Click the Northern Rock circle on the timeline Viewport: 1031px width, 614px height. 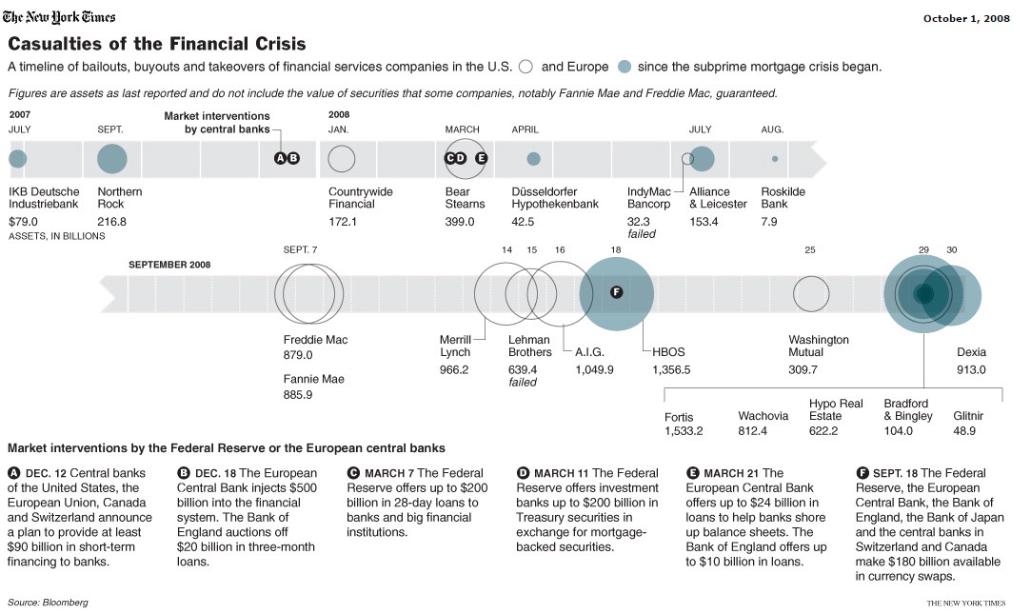pyautogui.click(x=111, y=159)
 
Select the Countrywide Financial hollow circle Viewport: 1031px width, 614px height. pyautogui.click(x=342, y=159)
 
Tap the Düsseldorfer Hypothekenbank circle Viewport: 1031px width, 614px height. pyautogui.click(x=533, y=159)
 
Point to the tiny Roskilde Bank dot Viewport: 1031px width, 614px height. pyautogui.click(x=775, y=159)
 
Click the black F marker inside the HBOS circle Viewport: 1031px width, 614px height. pyautogui.click(x=616, y=292)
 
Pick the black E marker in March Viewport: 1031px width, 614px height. pyautogui.click(x=481, y=158)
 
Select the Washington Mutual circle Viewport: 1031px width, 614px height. pyautogui.click(x=811, y=294)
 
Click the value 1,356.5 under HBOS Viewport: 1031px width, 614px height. pyautogui.click(x=671, y=369)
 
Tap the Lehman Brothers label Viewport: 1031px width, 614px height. pyautogui.click(x=529, y=346)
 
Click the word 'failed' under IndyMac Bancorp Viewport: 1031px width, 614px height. pyautogui.click(x=642, y=233)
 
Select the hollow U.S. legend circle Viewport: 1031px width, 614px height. pyautogui.click(x=526, y=67)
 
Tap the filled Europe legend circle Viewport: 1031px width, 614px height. pyautogui.click(x=625, y=67)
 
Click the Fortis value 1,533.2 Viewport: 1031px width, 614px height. pyautogui.click(x=684, y=431)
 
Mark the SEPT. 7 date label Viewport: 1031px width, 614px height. pyautogui.click(x=300, y=249)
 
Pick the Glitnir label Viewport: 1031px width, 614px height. pyautogui.click(x=968, y=416)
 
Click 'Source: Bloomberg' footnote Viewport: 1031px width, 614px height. pyautogui.click(x=48, y=603)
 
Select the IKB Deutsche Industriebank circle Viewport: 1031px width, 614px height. pyautogui.click(x=17, y=159)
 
